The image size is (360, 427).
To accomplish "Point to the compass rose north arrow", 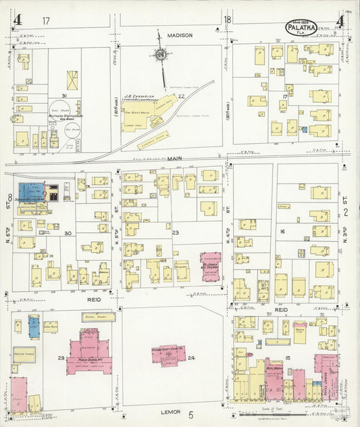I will [161, 54].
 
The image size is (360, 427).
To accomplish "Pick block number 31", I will [64, 96].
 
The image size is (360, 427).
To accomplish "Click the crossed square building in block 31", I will [72, 80].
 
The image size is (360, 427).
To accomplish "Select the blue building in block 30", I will [32, 192].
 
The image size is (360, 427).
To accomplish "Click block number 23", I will [176, 233].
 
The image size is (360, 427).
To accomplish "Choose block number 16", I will [283, 231].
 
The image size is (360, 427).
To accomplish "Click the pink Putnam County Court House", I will [170, 354].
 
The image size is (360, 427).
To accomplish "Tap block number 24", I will [192, 357].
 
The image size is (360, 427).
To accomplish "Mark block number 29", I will [61, 357].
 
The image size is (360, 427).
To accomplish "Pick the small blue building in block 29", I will [33, 324].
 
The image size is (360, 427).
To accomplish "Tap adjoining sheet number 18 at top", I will [228, 20].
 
